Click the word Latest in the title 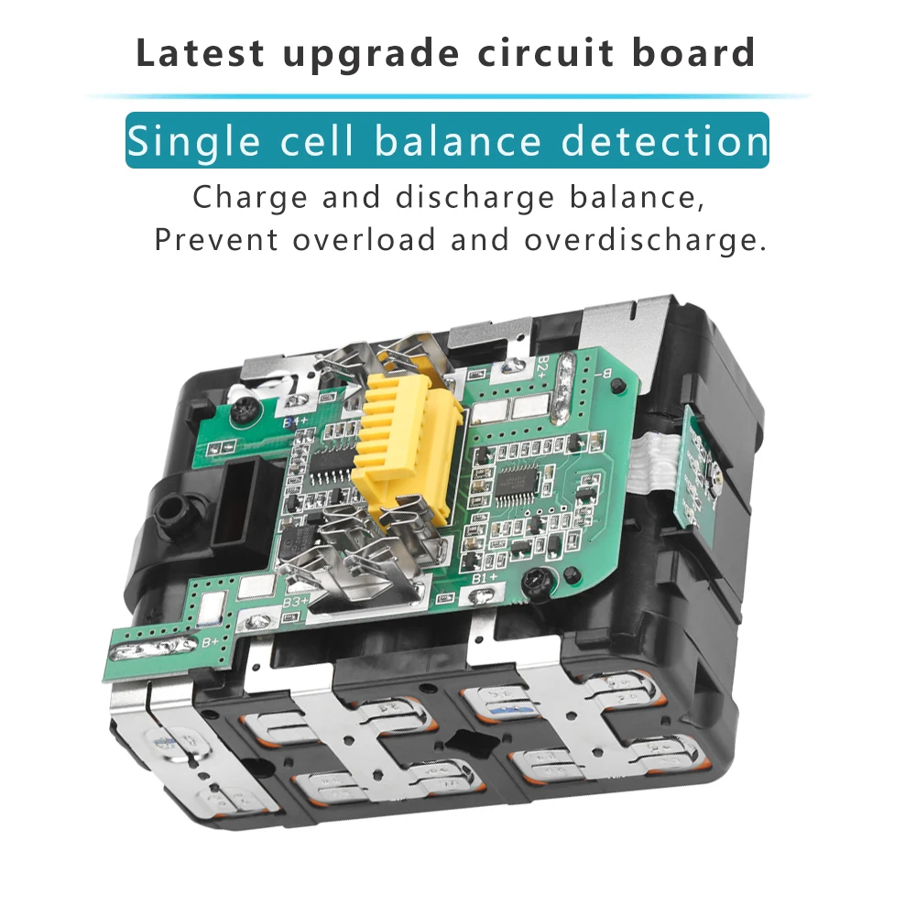[x=201, y=53]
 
